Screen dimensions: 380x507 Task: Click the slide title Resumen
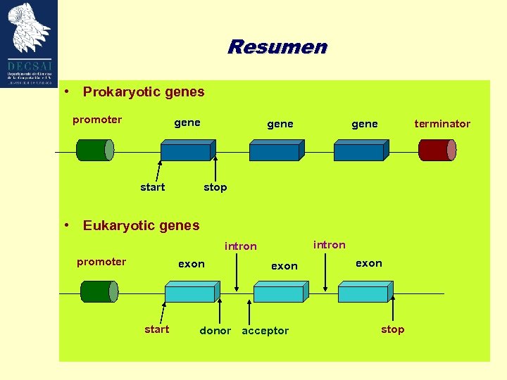277,47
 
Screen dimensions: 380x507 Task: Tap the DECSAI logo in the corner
30,42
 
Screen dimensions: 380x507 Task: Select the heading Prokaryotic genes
143,91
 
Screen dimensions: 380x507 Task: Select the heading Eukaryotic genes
141,226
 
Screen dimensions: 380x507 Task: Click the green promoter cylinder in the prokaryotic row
94,150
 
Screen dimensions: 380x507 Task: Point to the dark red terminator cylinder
437,150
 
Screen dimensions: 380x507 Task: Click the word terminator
442,124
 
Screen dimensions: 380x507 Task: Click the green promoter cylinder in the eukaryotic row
99,291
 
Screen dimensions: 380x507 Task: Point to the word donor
215,331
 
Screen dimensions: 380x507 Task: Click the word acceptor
265,331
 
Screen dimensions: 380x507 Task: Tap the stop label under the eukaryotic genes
392,329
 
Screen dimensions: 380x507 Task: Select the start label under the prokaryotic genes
152,187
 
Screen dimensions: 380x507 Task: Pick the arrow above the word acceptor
248,310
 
